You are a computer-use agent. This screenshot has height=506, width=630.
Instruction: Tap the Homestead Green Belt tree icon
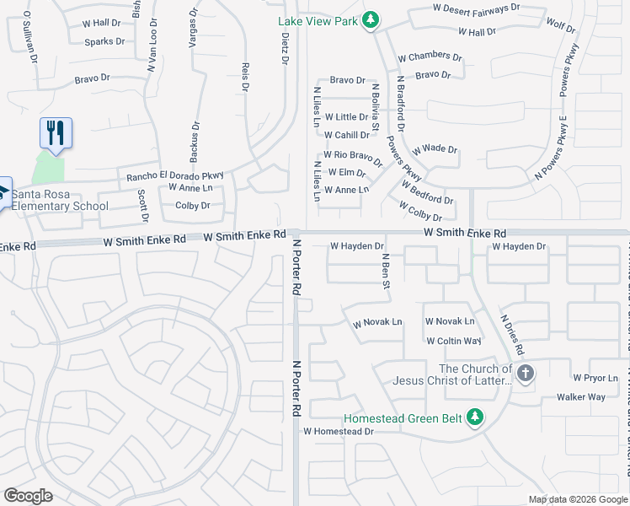coord(475,417)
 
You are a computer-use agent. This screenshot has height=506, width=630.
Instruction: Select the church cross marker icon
coord(526,374)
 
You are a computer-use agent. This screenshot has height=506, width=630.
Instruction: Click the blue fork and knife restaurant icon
coord(56,133)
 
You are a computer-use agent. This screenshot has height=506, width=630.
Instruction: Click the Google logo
coord(28,496)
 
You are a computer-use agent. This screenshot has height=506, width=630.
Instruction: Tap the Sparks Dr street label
coord(104,41)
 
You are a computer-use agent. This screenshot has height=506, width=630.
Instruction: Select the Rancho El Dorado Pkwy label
coord(175,176)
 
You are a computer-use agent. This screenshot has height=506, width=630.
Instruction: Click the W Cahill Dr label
coord(346,135)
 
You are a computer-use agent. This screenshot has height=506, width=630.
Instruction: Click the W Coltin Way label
coord(453,341)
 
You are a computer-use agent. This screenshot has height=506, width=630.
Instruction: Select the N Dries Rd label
coord(513,335)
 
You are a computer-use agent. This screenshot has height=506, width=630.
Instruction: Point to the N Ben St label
coord(386,272)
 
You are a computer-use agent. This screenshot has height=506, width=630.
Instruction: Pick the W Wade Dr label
coord(435,149)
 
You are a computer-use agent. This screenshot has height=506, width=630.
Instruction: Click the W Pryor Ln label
coord(595,377)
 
